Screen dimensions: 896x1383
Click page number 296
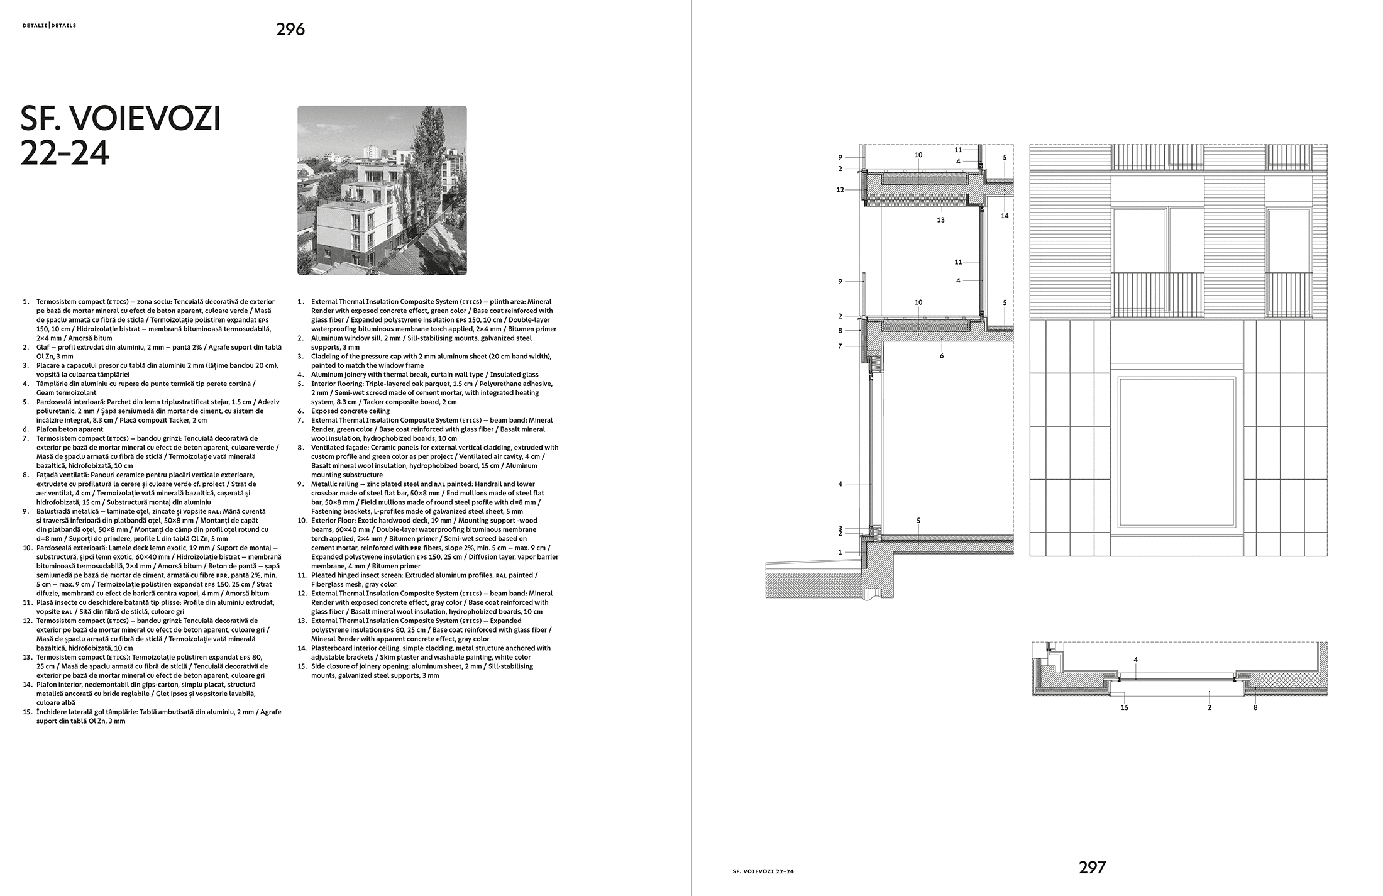[290, 29]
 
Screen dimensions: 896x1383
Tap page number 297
[1092, 868]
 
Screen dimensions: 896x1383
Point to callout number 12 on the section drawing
[840, 190]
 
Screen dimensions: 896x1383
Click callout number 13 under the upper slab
[940, 220]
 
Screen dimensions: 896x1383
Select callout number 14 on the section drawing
[1005, 216]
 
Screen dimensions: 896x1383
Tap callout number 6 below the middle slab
[942, 356]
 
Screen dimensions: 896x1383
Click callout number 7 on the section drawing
[840, 346]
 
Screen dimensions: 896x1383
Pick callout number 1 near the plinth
[840, 552]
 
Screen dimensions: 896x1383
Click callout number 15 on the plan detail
[1125, 707]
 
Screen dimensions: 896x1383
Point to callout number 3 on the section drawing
[840, 528]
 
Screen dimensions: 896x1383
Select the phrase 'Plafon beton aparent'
[70, 429]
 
